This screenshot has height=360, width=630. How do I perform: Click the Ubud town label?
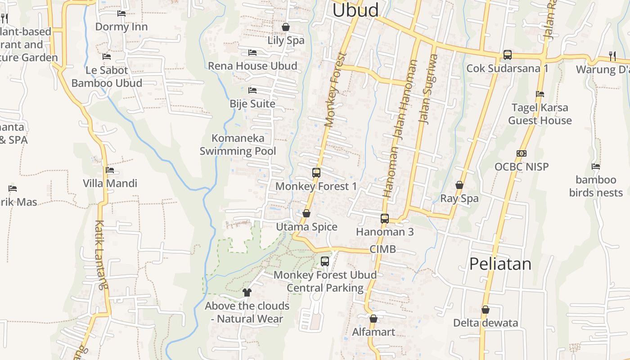click(355, 10)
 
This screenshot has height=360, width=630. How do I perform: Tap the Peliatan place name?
click(500, 264)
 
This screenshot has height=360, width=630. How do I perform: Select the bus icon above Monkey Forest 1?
click(316, 172)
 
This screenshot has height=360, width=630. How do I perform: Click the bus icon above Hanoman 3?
click(385, 219)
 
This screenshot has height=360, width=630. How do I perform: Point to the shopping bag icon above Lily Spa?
click(285, 27)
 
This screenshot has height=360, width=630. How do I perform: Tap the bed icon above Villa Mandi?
click(110, 170)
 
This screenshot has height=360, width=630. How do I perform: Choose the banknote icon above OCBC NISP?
click(522, 153)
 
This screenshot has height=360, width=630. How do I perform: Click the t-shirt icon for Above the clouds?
click(247, 292)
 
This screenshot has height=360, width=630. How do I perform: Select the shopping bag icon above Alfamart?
click(373, 319)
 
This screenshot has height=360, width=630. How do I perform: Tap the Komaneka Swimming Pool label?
click(238, 144)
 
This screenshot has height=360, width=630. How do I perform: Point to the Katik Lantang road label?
click(102, 254)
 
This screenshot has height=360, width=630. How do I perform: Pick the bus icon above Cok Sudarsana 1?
click(507, 55)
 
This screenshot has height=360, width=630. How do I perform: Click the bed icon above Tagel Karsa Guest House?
click(540, 94)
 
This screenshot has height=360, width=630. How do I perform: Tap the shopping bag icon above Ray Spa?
click(459, 185)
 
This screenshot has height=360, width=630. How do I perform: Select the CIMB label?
click(382, 249)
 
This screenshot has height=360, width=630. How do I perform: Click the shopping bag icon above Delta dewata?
click(486, 310)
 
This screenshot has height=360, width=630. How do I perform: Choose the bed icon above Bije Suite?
click(252, 90)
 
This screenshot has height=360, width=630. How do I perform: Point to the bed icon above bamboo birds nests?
click(596, 166)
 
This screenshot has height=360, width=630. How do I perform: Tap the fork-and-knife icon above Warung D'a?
click(612, 56)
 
